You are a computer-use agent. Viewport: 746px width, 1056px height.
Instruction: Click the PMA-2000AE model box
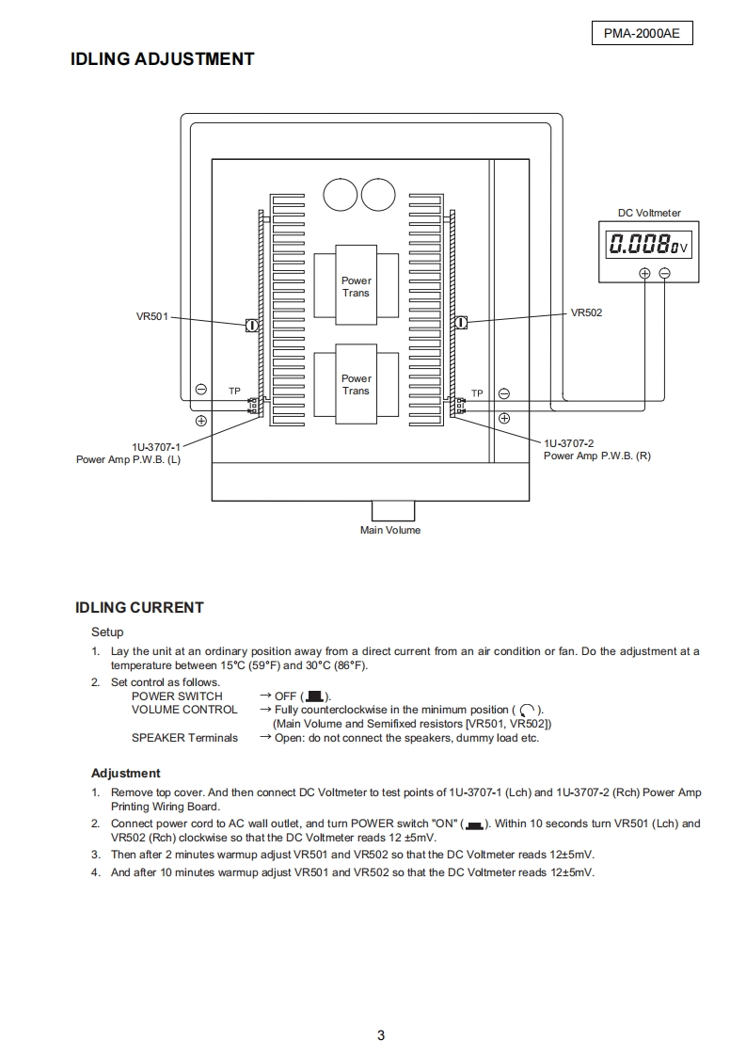coord(642,34)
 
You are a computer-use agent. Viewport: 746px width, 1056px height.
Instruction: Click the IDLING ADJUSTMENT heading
coord(162,59)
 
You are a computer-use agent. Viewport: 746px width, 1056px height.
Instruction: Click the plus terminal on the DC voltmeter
coord(644,273)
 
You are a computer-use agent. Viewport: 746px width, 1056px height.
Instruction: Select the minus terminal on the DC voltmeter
coord(665,273)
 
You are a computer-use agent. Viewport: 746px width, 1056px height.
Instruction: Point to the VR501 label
coord(152,316)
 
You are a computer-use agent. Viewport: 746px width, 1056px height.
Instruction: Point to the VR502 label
coord(586,312)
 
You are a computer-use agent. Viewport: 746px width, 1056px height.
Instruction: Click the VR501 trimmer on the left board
coord(252,325)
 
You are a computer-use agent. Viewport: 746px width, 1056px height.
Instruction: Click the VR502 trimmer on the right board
coord(460,323)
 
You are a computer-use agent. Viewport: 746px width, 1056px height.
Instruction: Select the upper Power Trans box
coord(356,286)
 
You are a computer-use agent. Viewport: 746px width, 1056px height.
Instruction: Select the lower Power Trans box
coord(356,384)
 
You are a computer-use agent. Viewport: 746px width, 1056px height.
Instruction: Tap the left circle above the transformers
coord(340,194)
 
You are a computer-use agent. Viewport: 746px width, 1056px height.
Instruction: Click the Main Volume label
coord(390,530)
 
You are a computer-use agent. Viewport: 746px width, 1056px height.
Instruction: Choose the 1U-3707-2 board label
coord(568,442)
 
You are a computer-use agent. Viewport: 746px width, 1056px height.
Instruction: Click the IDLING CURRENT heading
coord(139,607)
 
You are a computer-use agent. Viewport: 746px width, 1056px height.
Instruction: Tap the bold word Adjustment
coord(126,773)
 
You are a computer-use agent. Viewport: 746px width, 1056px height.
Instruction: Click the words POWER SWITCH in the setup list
coord(177,696)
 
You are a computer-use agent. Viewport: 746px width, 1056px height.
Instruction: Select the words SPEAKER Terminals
coord(184,737)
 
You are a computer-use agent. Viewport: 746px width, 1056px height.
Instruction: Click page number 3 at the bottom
coord(381,1035)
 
